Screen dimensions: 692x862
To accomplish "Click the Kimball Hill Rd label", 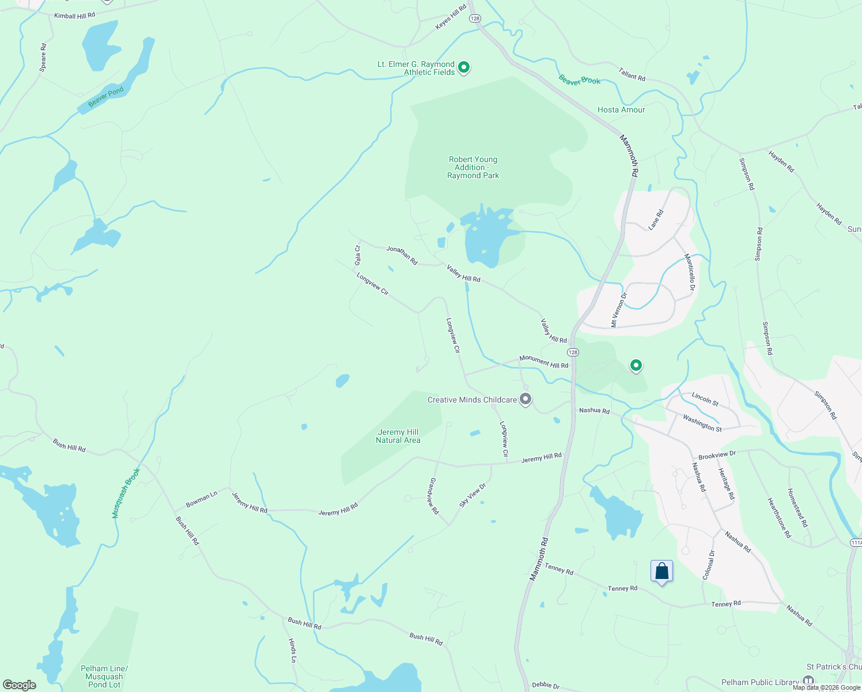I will coord(74,16).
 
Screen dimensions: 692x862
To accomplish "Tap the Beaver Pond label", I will coord(106,96).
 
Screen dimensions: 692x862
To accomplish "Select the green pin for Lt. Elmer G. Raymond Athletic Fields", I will coord(464,67).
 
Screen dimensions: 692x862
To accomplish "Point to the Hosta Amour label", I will coord(621,110).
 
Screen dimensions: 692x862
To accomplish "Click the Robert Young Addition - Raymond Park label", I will coord(473,167).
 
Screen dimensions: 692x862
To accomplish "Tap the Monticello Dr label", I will coord(690,272).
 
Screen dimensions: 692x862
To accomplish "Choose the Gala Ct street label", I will coord(358,255).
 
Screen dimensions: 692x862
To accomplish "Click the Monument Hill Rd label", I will coord(543,362).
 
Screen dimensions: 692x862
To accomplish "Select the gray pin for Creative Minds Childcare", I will coord(525,398).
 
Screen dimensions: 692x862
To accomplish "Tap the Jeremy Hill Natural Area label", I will coord(398,436).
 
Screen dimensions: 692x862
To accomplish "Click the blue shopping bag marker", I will coord(661,571).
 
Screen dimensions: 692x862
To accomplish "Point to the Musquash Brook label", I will coord(126,493).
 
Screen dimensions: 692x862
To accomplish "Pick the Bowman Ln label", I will coord(201,499).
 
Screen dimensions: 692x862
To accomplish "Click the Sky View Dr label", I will coord(472,495).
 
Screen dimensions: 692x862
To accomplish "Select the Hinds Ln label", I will coord(292,650).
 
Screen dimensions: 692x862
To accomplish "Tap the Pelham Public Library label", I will coord(760,682).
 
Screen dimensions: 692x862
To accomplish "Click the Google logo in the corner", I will coord(20,685).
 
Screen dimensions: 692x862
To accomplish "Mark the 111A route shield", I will coord(856,543).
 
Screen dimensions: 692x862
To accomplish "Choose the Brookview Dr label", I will coord(717,455).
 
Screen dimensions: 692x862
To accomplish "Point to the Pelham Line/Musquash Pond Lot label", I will coord(104,676).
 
